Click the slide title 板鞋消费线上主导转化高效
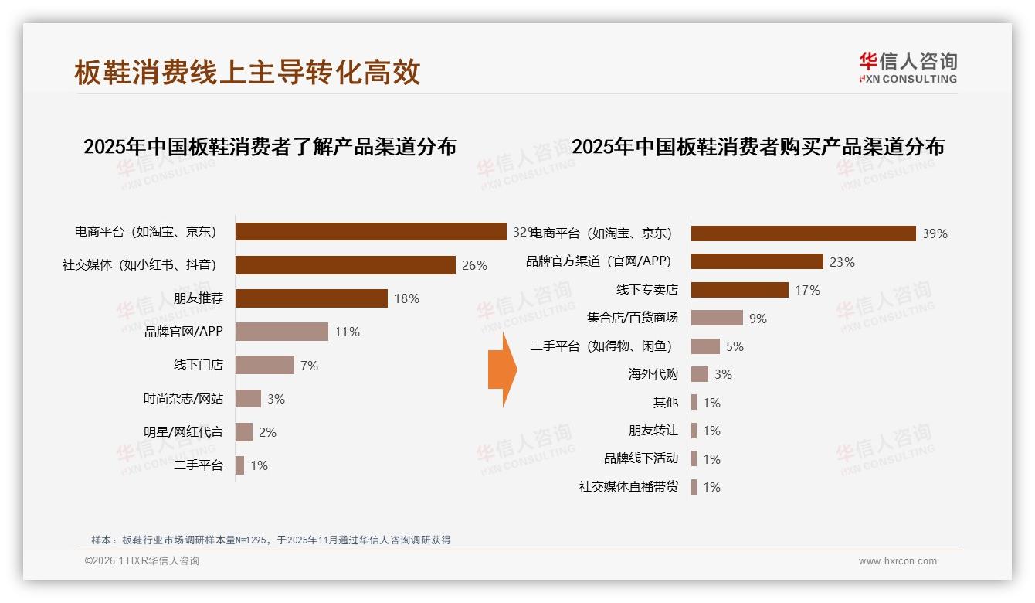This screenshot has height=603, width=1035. [x=247, y=72]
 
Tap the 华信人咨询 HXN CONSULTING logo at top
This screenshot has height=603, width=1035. [x=908, y=67]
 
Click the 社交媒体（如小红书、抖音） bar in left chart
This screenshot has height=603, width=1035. [x=345, y=265]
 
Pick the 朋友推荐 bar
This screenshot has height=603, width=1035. [x=311, y=298]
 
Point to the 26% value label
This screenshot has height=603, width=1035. [x=474, y=265]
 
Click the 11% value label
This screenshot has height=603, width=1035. [x=347, y=332]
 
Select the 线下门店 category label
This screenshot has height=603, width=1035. [x=198, y=365]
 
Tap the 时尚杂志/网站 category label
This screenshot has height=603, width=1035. [x=183, y=399]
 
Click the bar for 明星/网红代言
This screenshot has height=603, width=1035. [x=244, y=432]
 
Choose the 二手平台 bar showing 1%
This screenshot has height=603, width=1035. [x=239, y=465]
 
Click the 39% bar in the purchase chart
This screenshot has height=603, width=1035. [x=803, y=233]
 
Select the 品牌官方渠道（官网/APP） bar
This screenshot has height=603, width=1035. [x=757, y=261]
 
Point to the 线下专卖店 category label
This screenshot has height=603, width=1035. [x=646, y=290]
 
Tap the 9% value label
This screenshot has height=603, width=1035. [x=758, y=318]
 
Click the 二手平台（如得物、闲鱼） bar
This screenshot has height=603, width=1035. [x=705, y=346]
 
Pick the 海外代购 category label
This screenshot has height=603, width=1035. [x=653, y=374]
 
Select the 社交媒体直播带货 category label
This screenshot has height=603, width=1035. [x=628, y=487]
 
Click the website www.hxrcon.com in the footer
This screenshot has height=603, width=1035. [x=898, y=561]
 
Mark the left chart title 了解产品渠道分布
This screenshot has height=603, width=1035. [x=270, y=146]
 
